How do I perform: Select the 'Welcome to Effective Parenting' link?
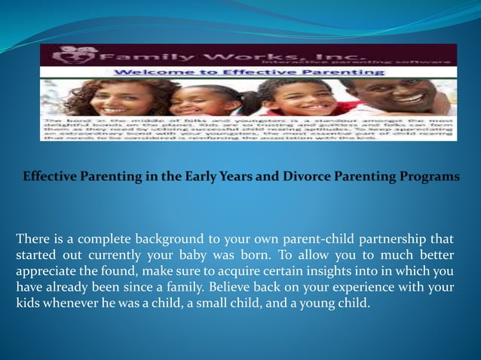[x=249, y=72]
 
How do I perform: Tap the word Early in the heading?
[x=192, y=177]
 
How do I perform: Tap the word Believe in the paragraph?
[x=234, y=288]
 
